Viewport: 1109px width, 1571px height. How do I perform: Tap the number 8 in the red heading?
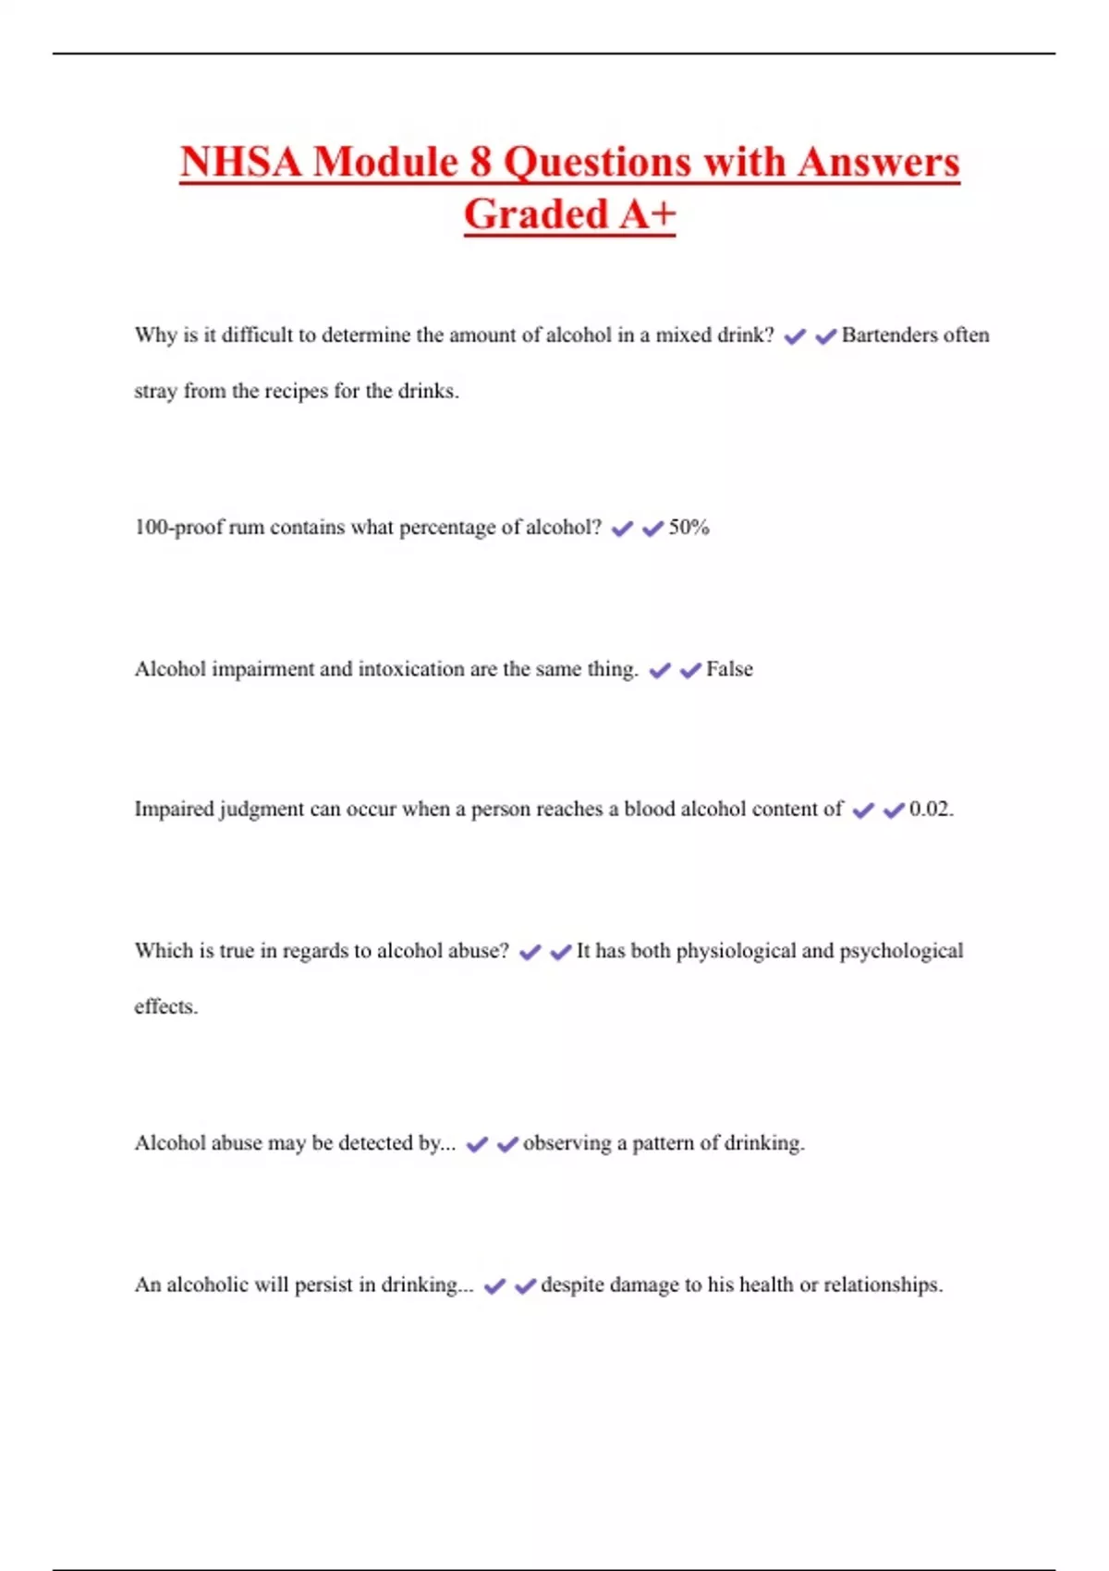click(x=480, y=162)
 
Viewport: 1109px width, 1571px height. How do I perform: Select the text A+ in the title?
click(x=648, y=214)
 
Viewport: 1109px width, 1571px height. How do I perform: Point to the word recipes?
click(x=296, y=391)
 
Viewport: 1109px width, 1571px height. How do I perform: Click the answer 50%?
click(x=689, y=528)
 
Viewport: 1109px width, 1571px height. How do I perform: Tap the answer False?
click(x=729, y=669)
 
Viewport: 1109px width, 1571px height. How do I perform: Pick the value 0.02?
click(x=930, y=810)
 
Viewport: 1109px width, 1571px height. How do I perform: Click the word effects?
click(x=165, y=1006)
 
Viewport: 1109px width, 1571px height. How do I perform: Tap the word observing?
click(x=567, y=1143)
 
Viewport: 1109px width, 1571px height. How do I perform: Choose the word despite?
click(x=575, y=1285)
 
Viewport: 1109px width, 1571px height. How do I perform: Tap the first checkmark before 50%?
click(x=622, y=529)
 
